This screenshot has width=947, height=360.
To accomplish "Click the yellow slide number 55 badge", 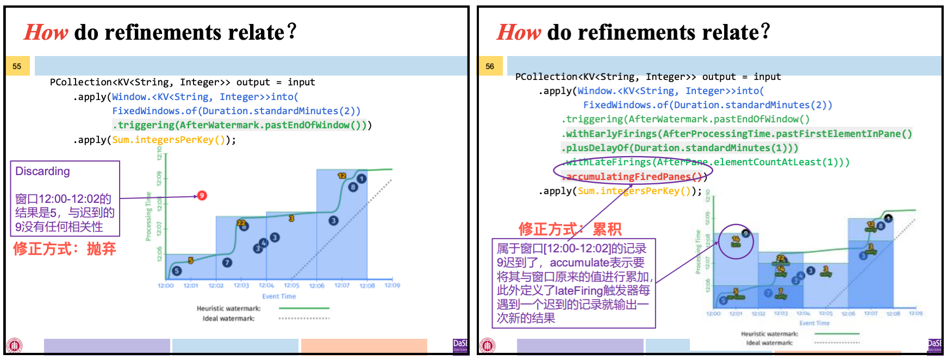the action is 17,66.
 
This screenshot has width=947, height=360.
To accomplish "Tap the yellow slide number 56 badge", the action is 490,66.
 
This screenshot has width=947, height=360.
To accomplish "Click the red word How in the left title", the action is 46,33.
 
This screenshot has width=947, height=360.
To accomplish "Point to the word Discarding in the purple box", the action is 42,171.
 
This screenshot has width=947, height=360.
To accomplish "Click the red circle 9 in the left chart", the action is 202,195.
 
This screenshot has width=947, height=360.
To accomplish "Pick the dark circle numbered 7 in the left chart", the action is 227,262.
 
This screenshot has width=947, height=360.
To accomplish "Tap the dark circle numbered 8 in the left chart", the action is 353,187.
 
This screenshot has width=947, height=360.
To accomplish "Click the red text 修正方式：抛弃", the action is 64,249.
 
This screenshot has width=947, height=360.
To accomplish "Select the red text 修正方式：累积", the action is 570,229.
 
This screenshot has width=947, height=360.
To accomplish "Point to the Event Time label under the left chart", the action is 279,296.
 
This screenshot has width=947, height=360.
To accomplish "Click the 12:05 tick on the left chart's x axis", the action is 291,285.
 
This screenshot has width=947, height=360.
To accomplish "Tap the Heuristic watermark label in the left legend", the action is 228,308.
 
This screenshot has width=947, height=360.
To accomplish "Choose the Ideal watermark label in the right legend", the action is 769,343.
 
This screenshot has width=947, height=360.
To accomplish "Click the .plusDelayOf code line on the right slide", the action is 680,148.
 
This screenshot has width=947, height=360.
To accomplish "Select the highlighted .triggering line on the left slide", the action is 239,125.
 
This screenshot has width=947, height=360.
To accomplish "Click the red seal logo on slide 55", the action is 15,345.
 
